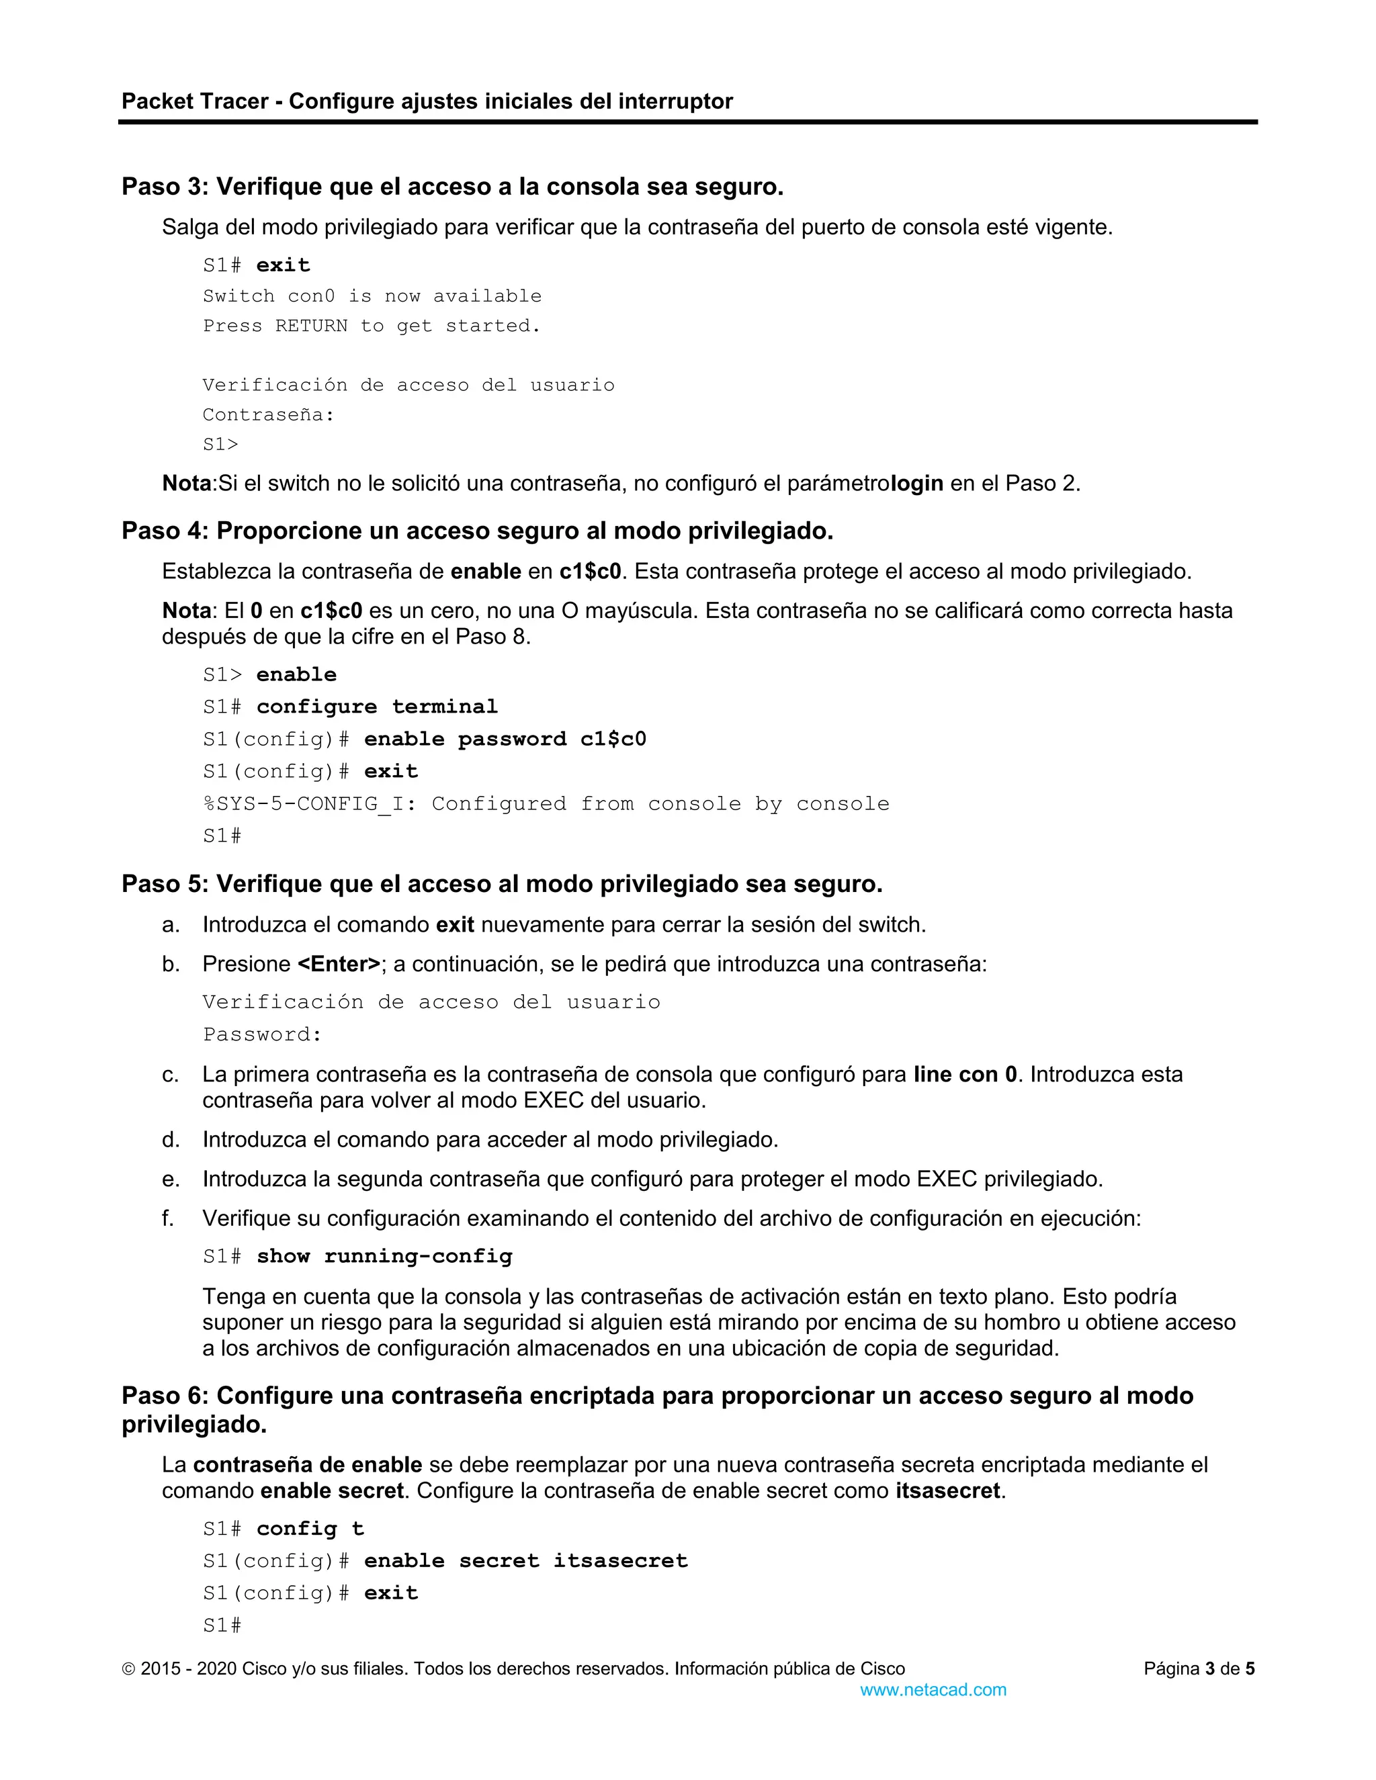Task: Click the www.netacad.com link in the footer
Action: [x=933, y=1689]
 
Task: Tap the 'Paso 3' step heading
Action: [x=451, y=187]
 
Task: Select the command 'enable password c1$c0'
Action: [x=505, y=740]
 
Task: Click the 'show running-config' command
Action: [x=384, y=1256]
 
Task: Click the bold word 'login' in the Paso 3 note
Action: [x=917, y=484]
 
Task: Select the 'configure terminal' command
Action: [x=377, y=707]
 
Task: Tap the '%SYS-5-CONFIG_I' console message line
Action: [x=546, y=803]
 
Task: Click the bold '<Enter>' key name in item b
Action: [x=339, y=964]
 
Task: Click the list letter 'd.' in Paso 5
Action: [x=171, y=1139]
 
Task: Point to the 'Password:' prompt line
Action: [x=263, y=1034]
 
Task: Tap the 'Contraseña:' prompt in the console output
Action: [x=268, y=415]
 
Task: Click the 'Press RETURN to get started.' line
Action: [x=371, y=326]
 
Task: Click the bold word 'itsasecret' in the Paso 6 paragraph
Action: [x=947, y=1490]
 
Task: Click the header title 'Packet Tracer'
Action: [x=195, y=101]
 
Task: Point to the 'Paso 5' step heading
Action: [x=501, y=885]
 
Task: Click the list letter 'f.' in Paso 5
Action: [x=168, y=1218]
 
